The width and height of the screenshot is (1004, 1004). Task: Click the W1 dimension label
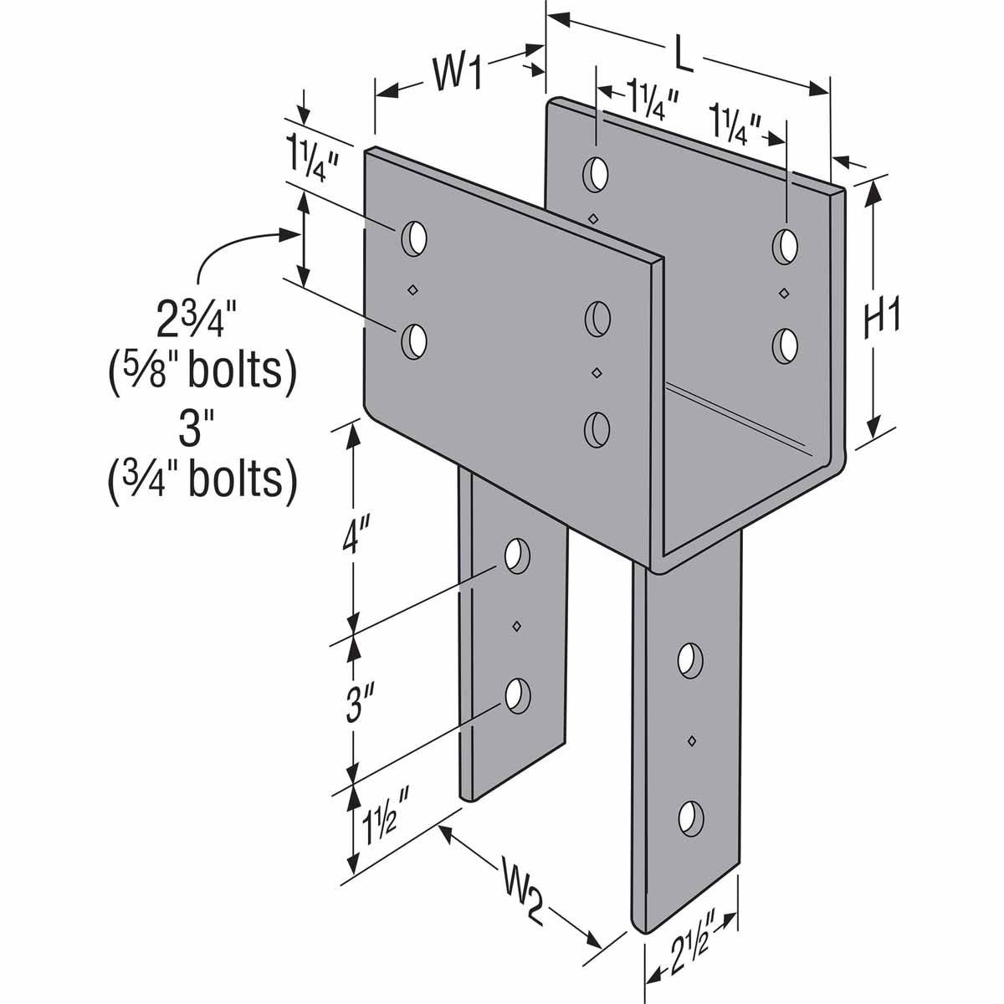click(x=458, y=74)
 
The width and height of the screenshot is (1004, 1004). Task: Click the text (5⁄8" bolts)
click(x=202, y=370)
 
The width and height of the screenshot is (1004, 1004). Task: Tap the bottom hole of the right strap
click(x=689, y=817)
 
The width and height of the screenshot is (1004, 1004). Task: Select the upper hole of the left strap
click(x=517, y=555)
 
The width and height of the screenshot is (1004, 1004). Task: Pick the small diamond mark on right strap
click(x=691, y=739)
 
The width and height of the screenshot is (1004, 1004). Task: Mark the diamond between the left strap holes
click(x=516, y=625)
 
